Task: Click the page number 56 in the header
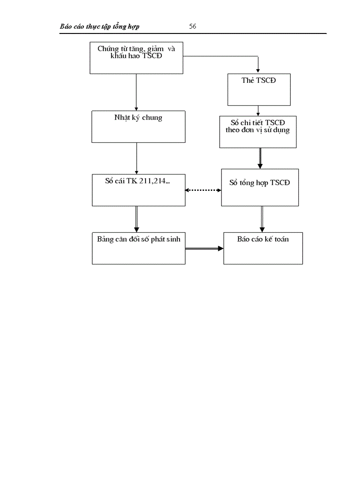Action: point(192,26)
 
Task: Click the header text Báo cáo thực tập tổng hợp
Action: point(100,26)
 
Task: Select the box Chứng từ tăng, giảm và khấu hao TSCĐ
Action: point(136,58)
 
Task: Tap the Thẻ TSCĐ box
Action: point(259,89)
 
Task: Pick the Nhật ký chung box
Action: point(138,127)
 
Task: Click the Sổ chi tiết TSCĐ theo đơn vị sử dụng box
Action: point(258,131)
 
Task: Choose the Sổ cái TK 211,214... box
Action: point(139,190)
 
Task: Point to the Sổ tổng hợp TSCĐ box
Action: point(260,187)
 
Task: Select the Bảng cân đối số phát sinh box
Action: point(139,248)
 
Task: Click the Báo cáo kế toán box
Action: point(263,248)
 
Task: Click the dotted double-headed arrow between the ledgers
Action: point(203,190)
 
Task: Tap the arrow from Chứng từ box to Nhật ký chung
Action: point(136,92)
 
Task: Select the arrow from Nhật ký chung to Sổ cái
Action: point(137,158)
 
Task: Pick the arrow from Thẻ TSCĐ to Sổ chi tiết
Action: point(259,111)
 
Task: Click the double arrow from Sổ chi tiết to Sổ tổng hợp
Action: point(260,158)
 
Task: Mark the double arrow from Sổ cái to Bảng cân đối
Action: point(137,219)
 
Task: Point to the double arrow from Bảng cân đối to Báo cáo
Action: point(204,249)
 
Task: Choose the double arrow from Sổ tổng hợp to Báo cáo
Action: point(262,219)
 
